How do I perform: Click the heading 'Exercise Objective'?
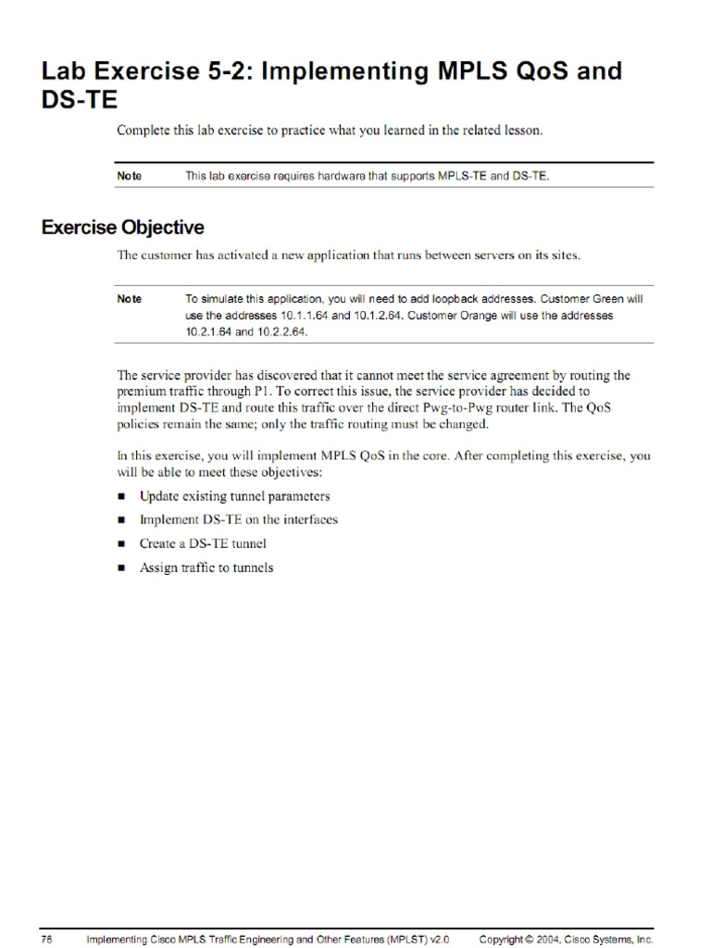[x=123, y=228]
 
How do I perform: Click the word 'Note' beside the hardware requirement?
[x=130, y=176]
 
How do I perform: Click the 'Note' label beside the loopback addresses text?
[x=130, y=299]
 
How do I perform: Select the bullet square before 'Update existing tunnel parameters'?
[x=121, y=497]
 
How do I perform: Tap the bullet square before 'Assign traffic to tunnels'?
[x=121, y=568]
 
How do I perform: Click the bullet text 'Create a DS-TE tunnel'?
[x=203, y=544]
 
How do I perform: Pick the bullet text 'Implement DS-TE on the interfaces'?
[x=238, y=520]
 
